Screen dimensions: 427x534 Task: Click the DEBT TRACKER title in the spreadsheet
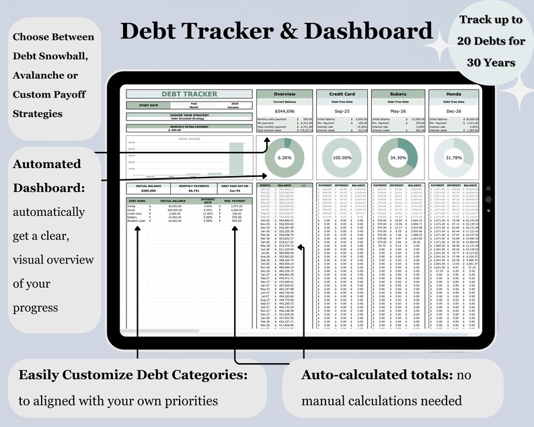click(x=189, y=95)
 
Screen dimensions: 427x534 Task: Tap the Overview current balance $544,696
click(x=285, y=111)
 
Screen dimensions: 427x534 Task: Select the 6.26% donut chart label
click(x=284, y=157)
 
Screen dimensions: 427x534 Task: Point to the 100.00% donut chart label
click(x=343, y=157)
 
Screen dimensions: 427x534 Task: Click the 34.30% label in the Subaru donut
click(x=399, y=157)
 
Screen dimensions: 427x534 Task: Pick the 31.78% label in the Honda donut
click(x=454, y=157)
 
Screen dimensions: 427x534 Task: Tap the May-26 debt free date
click(x=399, y=111)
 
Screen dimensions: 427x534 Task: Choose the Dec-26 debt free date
click(x=454, y=111)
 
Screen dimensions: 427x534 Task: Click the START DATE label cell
click(x=149, y=106)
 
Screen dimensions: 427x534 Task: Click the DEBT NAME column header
click(x=137, y=200)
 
